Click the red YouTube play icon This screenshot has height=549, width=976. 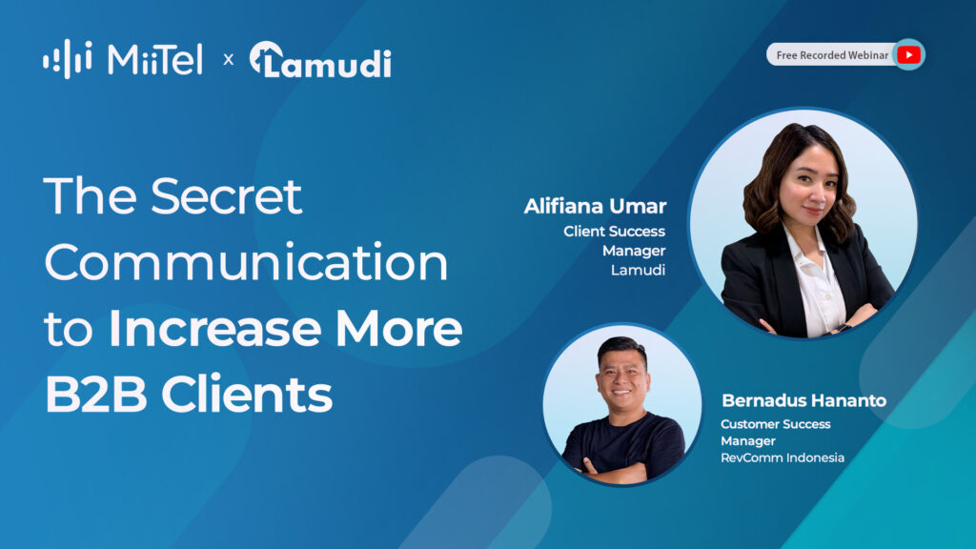[908, 54]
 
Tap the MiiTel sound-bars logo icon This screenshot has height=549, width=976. [68, 59]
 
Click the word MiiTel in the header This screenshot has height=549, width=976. [155, 60]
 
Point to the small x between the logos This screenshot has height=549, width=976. [229, 60]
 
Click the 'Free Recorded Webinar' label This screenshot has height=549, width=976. [832, 55]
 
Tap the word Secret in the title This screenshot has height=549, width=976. [227, 196]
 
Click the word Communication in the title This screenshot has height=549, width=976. [246, 262]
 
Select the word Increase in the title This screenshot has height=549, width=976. [214, 328]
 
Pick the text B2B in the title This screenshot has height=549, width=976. [96, 394]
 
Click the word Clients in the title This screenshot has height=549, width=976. [247, 394]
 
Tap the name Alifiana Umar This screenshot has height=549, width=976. [595, 206]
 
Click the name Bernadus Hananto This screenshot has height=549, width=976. [803, 400]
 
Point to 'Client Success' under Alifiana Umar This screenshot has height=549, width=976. [615, 231]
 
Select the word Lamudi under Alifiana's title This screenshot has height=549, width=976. [638, 270]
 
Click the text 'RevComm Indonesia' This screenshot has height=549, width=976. [783, 457]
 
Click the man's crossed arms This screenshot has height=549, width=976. [617, 471]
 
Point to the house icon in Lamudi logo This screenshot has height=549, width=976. [266, 58]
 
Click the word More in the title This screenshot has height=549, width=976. [399, 328]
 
